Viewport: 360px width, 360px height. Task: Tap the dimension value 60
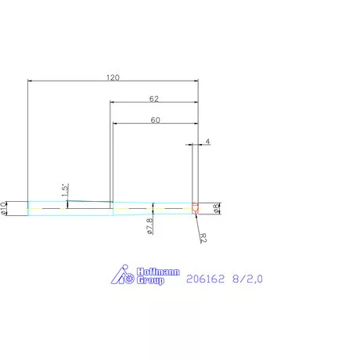154,121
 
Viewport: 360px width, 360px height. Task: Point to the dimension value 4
207,141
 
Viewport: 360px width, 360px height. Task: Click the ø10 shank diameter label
5,207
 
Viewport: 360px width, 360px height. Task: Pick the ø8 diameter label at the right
217,207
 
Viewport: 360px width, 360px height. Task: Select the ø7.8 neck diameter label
149,225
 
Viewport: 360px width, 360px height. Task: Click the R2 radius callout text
202,235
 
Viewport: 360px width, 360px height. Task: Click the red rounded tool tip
196,208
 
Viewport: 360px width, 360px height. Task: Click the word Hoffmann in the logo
158,272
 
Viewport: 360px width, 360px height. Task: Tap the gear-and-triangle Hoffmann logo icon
122,275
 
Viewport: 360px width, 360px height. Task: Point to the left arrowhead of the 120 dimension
31,81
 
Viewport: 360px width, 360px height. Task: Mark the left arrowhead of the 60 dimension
116,124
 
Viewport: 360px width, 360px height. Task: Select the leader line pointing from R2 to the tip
197,221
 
